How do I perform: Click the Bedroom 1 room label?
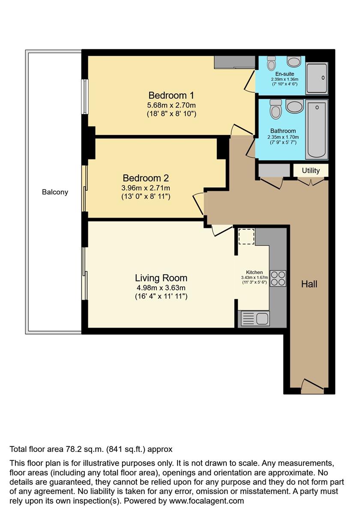(168, 95)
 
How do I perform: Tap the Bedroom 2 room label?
(146, 178)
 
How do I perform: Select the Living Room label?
(161, 278)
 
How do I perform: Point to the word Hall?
(309, 284)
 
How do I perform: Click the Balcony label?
(55, 192)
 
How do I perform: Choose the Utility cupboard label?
(311, 170)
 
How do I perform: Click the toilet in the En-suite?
(271, 63)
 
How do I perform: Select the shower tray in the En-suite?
(317, 78)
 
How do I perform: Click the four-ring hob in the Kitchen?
(278, 278)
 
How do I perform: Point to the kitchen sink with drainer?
(255, 319)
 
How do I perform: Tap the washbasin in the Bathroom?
(294, 106)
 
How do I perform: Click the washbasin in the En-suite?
(294, 62)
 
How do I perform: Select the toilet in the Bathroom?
(276, 110)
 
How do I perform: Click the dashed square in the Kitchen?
(246, 236)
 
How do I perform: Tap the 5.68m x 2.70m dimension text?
(168, 105)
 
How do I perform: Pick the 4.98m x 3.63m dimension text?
(161, 288)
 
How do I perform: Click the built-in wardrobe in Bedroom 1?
(234, 63)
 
